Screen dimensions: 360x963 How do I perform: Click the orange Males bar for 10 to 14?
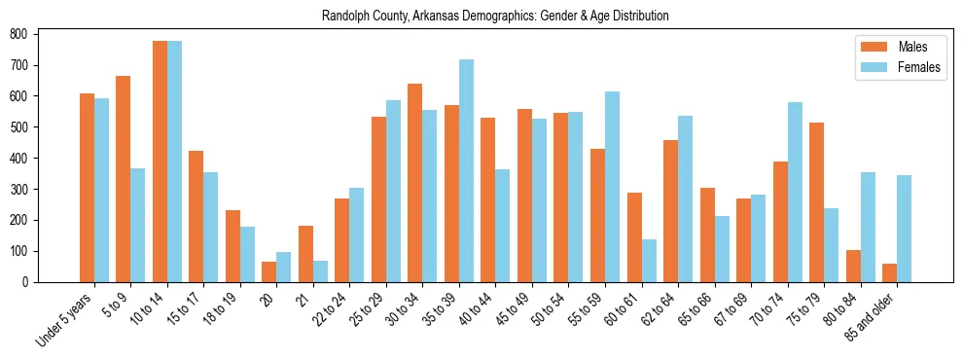point(160,162)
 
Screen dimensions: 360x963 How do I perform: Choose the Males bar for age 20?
point(269,271)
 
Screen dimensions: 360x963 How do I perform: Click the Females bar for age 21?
point(320,271)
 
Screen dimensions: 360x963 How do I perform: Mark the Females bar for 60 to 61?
point(649,261)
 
